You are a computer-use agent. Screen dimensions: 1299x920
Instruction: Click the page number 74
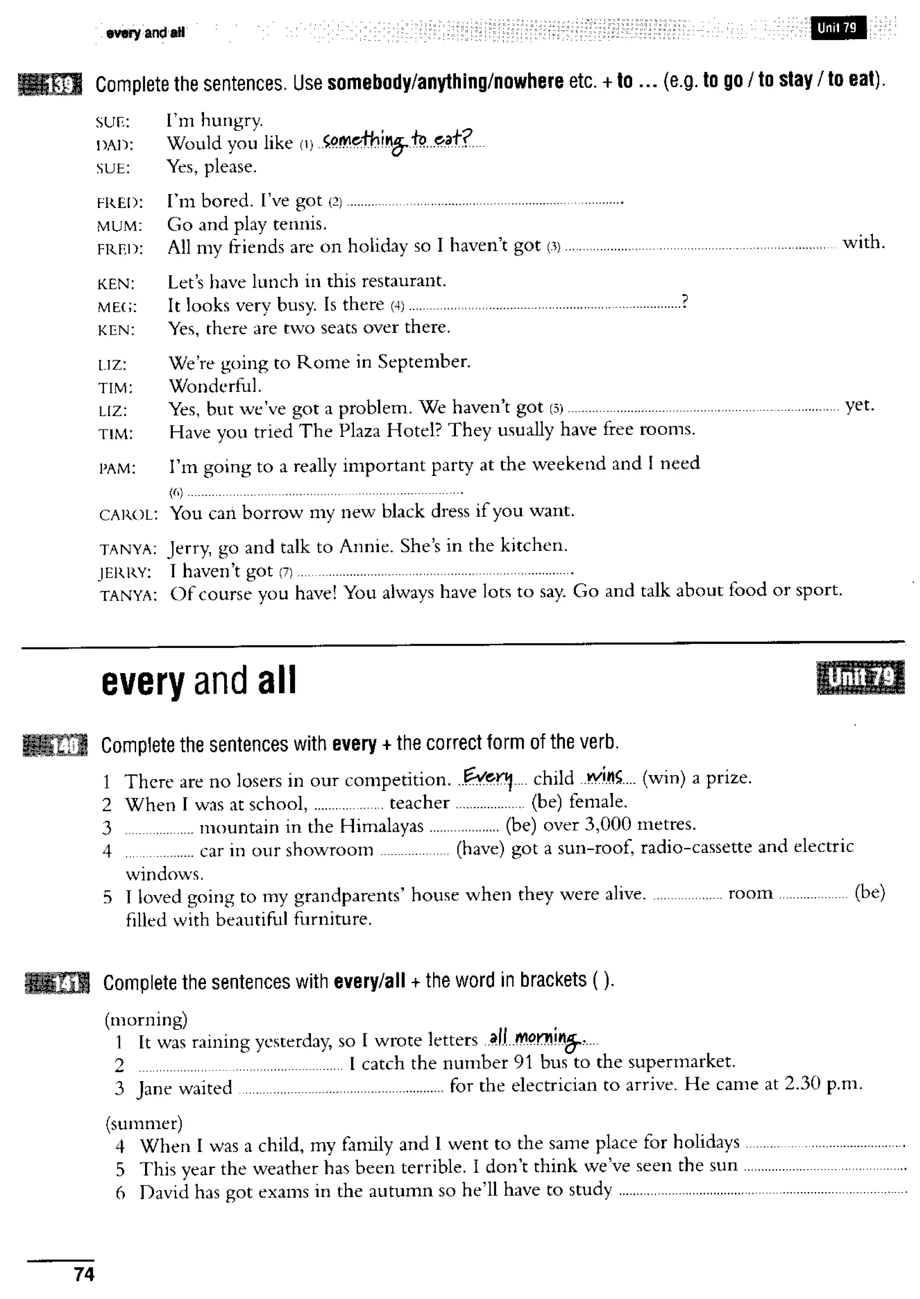(x=84, y=1274)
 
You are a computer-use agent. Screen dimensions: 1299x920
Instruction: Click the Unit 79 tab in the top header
(x=837, y=28)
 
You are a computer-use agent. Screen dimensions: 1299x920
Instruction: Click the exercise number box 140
(x=55, y=745)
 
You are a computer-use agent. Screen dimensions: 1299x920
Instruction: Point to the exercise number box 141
(x=57, y=983)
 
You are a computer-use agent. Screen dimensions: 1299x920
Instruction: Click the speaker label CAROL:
(x=128, y=515)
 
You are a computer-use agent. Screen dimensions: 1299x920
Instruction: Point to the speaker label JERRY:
(x=125, y=573)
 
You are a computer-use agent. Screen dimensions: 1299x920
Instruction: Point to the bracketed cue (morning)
(x=146, y=1019)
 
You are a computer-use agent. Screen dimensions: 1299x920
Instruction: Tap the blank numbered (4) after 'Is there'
(x=544, y=306)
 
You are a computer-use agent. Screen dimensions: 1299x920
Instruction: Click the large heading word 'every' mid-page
(x=143, y=682)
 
